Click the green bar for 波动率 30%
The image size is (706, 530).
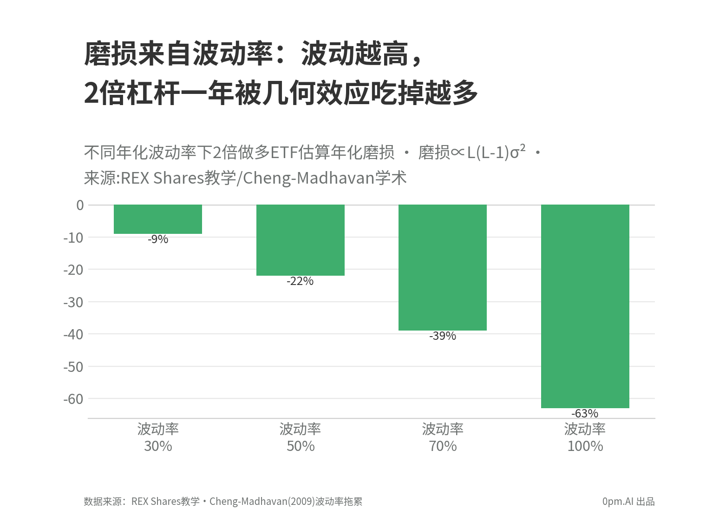click(x=158, y=219)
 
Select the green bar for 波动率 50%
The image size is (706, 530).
click(x=301, y=240)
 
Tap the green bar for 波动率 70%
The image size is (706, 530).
click(x=443, y=267)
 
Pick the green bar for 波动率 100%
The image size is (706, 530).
click(x=585, y=306)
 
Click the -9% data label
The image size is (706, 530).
click(x=158, y=239)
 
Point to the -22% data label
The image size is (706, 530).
click(x=300, y=281)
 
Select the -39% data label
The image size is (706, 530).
click(x=443, y=336)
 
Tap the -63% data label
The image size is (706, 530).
click(x=585, y=413)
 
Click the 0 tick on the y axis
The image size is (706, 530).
click(x=80, y=205)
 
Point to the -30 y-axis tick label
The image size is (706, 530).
click(x=73, y=302)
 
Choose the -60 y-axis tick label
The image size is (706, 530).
click(x=73, y=399)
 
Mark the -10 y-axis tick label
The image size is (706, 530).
click(x=73, y=238)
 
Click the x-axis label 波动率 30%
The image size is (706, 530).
click(x=158, y=437)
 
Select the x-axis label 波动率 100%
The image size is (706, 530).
click(x=585, y=437)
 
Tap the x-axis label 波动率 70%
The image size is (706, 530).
click(x=443, y=437)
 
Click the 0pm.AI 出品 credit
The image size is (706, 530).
click(x=628, y=501)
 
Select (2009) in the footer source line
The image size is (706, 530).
click(x=301, y=501)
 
